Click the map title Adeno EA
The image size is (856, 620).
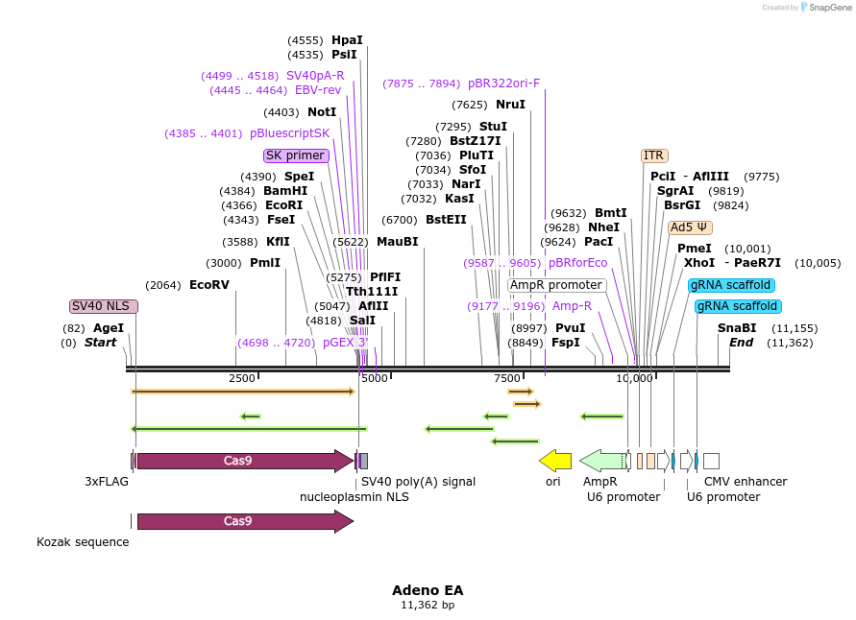coord(428,590)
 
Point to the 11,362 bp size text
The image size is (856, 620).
coord(428,606)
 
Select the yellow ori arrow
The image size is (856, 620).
coord(555,461)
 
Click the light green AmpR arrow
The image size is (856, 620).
coord(601,461)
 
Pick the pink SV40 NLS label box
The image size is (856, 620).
coord(104,306)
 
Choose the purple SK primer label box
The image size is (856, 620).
coord(295,155)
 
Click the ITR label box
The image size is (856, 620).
coord(654,155)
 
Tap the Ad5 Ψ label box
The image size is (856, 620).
coord(690,227)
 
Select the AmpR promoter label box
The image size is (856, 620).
coord(556,285)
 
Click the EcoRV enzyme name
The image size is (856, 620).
coord(209,285)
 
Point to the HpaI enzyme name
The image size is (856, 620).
coord(347,40)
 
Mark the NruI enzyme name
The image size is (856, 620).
coord(510,105)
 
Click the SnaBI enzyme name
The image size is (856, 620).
coord(737,328)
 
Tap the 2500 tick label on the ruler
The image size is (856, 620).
coord(242,379)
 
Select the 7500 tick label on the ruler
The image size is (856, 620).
coord(506,379)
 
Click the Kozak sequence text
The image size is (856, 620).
coord(83,542)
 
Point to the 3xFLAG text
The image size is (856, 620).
coord(107,482)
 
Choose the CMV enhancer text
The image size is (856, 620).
coord(746,482)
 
